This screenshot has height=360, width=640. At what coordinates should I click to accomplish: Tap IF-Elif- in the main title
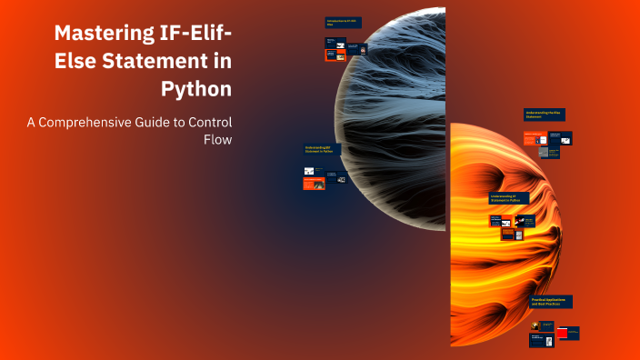193,34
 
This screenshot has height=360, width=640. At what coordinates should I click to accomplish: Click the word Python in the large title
195,89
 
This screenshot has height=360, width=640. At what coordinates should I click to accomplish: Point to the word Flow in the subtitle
219,140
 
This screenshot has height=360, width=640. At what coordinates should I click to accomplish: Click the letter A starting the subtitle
31,122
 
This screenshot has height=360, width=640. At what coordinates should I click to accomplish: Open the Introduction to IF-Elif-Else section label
343,22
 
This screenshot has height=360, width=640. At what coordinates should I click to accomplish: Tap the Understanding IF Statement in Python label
510,198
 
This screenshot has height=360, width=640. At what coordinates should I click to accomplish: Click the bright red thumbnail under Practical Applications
568,333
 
